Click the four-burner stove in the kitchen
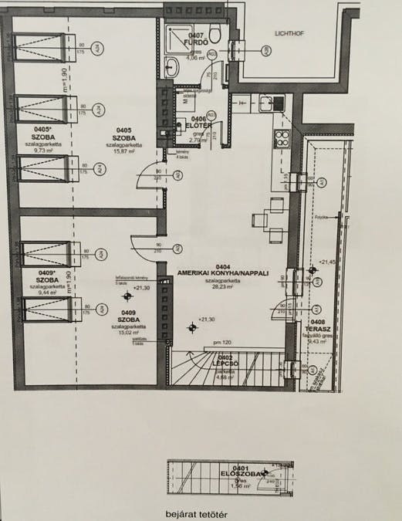[279, 140]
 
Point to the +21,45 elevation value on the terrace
[328, 262]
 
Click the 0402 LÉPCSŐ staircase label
[225, 360]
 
